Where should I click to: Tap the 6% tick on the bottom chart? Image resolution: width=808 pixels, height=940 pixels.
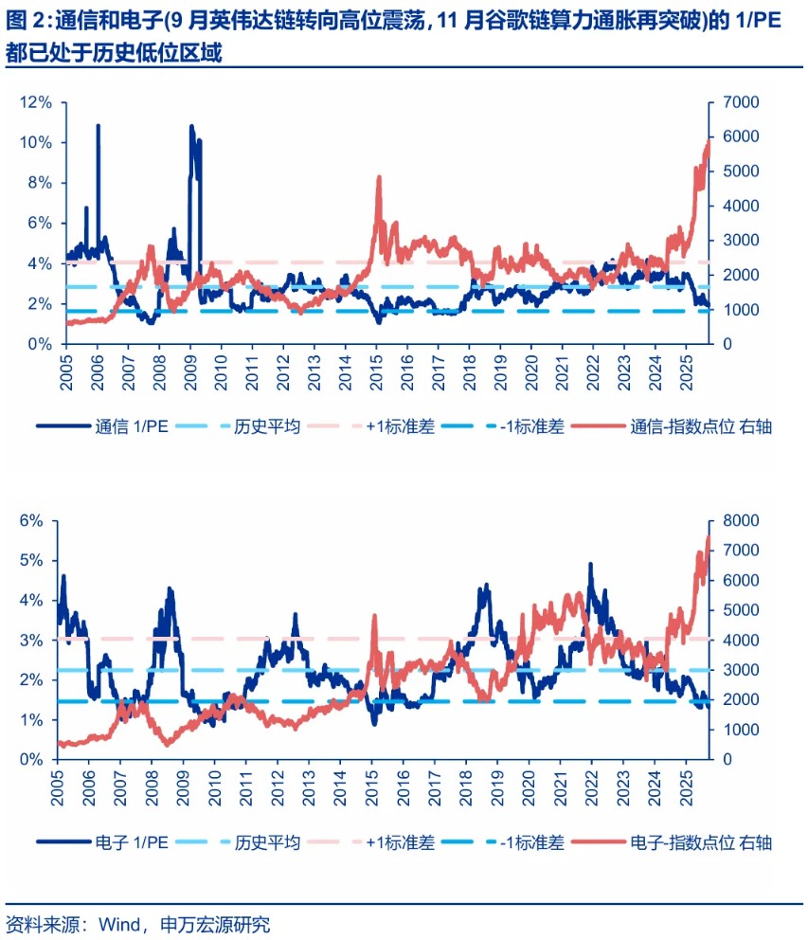[x=32, y=520]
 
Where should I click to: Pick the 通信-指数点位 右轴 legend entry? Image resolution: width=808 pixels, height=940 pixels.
[x=700, y=426]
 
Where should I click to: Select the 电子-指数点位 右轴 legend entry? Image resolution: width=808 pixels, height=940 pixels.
[x=700, y=842]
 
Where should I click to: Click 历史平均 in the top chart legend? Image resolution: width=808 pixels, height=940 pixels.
[x=267, y=426]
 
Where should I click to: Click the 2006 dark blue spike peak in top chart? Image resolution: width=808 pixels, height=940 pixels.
[x=99, y=125]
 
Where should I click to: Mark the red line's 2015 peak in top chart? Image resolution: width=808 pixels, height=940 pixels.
[x=379, y=177]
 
